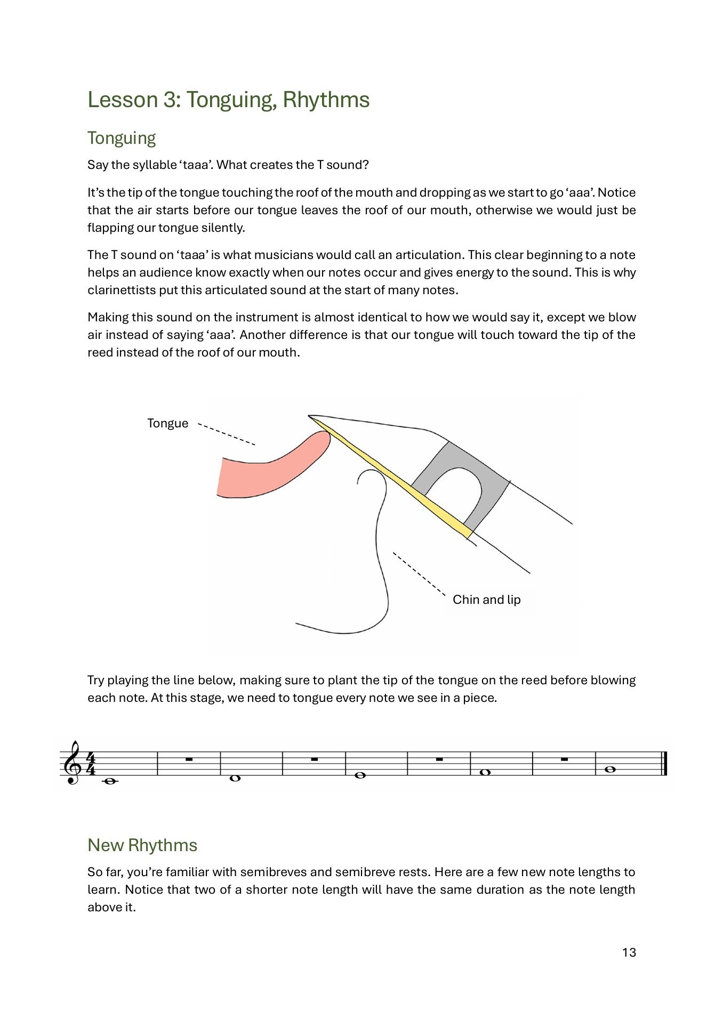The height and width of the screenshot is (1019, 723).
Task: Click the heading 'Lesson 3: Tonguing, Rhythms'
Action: pos(228,100)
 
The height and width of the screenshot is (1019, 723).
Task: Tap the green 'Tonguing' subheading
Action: pos(122,138)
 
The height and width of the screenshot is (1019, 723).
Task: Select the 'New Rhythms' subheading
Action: pos(142,845)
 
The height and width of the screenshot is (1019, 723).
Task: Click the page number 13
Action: pos(629,952)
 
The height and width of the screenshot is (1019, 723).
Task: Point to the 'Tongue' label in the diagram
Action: pos(167,424)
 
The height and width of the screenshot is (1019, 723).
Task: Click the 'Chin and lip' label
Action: pos(486,600)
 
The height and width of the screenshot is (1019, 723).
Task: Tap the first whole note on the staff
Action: pos(110,781)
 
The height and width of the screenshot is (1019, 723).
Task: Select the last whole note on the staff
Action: pos(611,769)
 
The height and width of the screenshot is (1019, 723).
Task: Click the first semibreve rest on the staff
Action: pos(189,759)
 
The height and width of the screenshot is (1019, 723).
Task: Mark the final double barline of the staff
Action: pos(664,764)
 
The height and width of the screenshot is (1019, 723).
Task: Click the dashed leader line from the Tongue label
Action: pos(227,434)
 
